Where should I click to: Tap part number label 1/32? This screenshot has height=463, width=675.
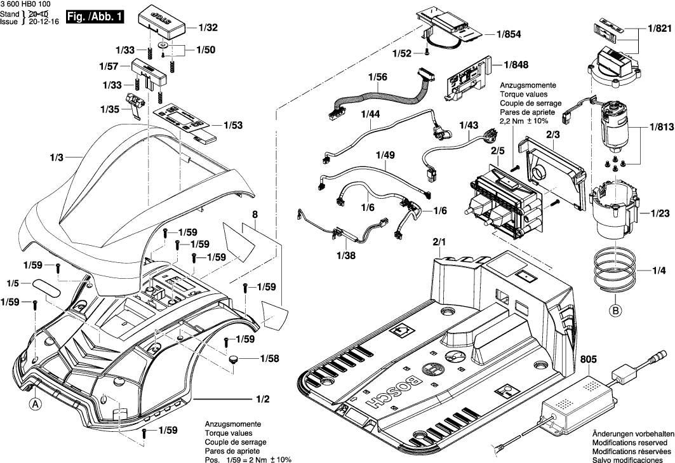(x=208, y=28)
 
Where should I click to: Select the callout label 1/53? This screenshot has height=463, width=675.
(x=232, y=126)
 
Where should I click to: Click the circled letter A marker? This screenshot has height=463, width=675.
(x=35, y=403)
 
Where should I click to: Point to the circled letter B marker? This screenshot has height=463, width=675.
(x=615, y=311)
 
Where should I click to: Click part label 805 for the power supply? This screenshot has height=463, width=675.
(x=589, y=360)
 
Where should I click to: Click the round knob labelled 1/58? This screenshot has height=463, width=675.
(x=234, y=359)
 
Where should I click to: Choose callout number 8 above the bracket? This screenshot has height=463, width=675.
(x=254, y=215)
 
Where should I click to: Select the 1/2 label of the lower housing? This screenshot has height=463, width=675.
(x=262, y=399)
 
